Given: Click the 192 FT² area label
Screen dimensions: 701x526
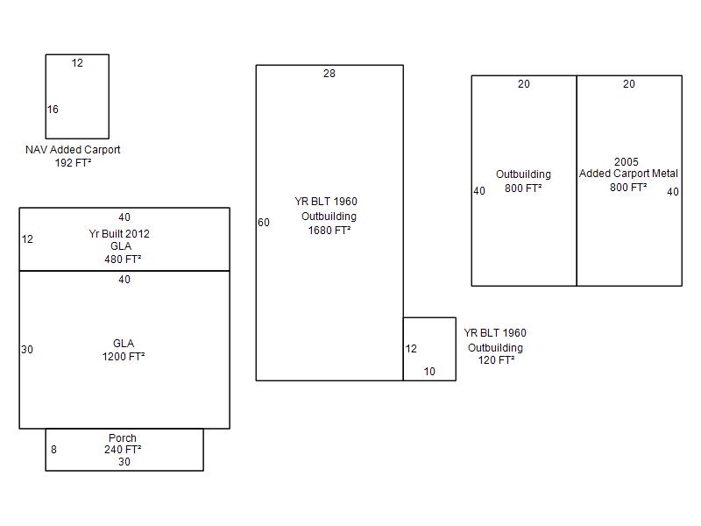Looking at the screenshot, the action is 73,163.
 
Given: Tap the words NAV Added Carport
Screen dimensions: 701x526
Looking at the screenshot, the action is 73,149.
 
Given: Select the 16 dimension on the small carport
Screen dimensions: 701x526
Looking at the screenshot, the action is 53,109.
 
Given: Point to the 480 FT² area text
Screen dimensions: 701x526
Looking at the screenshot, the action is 123,259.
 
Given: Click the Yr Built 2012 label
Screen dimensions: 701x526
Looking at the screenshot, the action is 119,233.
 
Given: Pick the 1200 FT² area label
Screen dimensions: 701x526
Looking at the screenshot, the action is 124,357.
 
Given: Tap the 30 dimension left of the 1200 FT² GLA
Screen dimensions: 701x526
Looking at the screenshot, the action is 27,349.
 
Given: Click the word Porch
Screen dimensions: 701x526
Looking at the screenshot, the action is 123,437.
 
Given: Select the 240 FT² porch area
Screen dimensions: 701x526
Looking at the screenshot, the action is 123,450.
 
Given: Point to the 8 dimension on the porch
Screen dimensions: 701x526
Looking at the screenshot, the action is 53,450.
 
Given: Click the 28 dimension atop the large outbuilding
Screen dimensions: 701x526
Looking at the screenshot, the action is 329,74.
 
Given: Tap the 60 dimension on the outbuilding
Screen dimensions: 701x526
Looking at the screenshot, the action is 264,223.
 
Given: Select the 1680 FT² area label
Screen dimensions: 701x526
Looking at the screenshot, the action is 329,231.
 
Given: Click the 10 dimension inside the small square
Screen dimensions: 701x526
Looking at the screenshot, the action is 429,371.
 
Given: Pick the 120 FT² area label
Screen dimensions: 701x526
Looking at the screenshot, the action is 496,360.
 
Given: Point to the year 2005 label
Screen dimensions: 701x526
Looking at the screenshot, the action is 627,161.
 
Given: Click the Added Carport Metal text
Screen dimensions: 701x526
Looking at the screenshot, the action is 628,173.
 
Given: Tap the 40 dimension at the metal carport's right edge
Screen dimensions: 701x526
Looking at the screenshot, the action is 673,192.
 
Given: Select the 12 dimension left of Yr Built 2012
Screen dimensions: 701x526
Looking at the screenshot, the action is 27,238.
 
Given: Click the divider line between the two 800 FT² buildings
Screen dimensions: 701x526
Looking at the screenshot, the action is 577,181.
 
